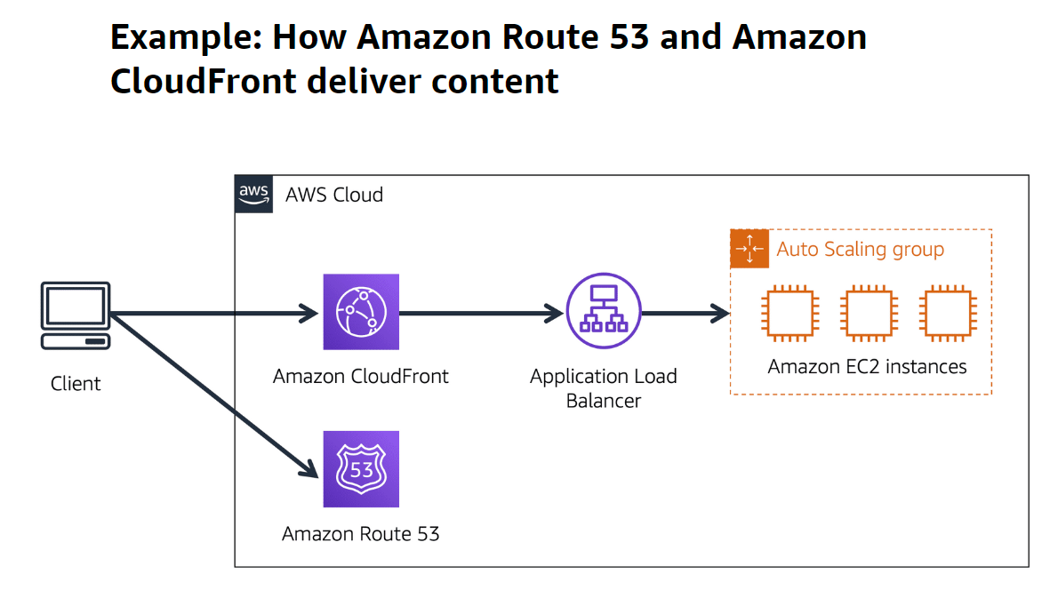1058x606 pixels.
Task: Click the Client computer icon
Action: (76, 316)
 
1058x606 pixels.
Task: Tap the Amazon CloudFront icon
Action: (361, 312)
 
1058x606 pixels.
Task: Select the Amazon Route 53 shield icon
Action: (361, 468)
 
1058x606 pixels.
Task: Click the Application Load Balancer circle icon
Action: (604, 312)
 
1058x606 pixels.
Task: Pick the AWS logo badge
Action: (254, 194)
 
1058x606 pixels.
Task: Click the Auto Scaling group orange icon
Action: (749, 249)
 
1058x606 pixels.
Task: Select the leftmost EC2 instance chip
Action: (786, 313)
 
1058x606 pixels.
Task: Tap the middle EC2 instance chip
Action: (867, 313)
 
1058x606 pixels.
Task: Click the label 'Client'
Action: (76, 384)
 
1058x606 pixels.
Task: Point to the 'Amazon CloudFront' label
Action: (361, 376)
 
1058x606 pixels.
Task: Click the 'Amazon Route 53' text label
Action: (361, 533)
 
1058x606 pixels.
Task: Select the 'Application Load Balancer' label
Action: (604, 388)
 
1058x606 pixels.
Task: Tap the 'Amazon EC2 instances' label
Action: (867, 366)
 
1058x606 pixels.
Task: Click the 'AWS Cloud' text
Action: (334, 195)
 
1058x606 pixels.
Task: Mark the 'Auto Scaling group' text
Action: (860, 249)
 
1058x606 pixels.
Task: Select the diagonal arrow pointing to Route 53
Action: (213, 391)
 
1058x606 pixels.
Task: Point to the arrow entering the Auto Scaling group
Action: (685, 313)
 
